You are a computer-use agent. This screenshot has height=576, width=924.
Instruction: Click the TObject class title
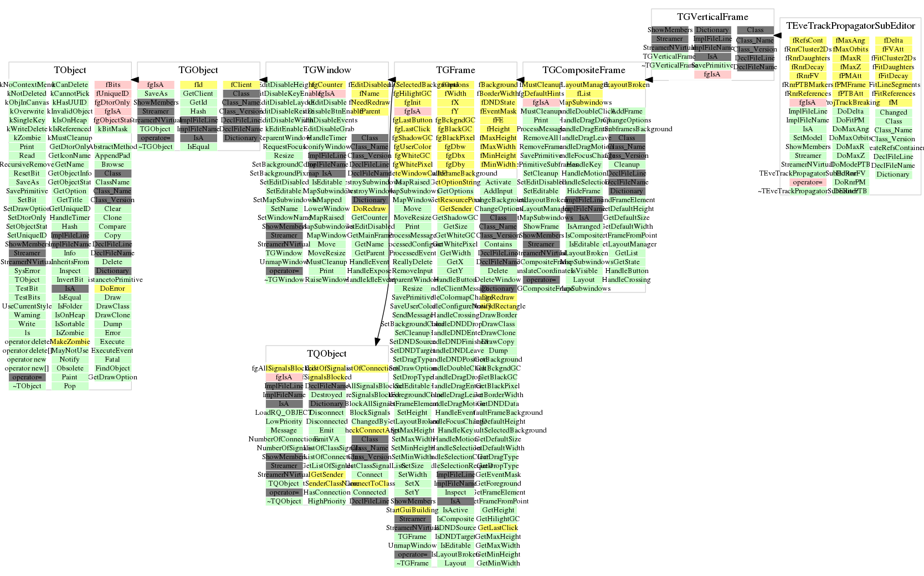tap(70, 70)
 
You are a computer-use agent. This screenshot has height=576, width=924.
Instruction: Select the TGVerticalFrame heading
tap(712, 17)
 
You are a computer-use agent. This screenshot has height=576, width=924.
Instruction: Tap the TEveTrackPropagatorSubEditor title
tap(850, 26)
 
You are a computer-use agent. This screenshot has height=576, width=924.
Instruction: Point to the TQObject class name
tap(326, 354)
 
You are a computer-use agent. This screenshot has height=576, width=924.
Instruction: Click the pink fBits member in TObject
tap(112, 85)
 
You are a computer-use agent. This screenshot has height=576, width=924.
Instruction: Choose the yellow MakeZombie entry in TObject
tap(70, 342)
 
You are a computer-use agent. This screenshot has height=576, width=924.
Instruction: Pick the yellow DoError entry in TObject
tap(112, 289)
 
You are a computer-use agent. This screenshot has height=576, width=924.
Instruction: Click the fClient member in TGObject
tap(241, 85)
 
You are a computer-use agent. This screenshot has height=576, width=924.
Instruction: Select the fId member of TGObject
tap(198, 85)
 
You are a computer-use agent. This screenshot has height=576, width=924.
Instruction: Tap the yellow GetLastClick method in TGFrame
tap(497, 528)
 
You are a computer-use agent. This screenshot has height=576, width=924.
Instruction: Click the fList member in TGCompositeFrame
tap(584, 94)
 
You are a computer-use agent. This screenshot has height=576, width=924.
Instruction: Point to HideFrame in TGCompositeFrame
tap(584, 191)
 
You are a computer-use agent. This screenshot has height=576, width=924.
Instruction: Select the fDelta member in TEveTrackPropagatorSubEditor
tap(893, 40)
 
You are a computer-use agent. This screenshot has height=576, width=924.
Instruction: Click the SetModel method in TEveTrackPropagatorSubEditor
tap(808, 138)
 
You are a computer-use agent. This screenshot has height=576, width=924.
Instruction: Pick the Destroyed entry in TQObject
tap(326, 395)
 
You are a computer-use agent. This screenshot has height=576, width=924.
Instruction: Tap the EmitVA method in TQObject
tap(326, 439)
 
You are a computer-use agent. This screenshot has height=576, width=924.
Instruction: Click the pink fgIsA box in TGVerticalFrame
tap(712, 74)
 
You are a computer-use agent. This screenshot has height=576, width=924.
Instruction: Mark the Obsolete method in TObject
tap(70, 368)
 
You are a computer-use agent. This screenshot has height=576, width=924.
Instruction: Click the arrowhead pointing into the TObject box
tap(135, 80)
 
